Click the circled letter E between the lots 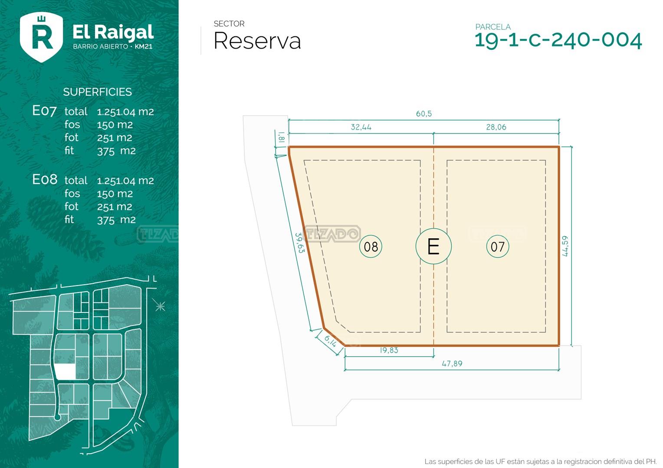[433, 246]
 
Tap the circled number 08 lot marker [371, 247]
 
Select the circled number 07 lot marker [498, 247]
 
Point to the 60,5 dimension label [424, 114]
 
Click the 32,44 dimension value [361, 127]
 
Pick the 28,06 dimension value [496, 127]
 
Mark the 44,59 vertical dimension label [565, 246]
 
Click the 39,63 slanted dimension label [299, 243]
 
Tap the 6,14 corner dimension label [330, 341]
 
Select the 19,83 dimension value [389, 350]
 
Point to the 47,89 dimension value [452, 363]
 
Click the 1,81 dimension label [281, 137]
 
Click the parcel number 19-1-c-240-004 [558, 40]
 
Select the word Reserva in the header [257, 41]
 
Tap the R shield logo [42, 37]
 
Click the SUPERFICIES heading [97, 92]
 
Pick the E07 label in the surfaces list [44, 111]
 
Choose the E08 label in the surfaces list [45, 179]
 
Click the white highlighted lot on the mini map [66, 371]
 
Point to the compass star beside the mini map [160, 306]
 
